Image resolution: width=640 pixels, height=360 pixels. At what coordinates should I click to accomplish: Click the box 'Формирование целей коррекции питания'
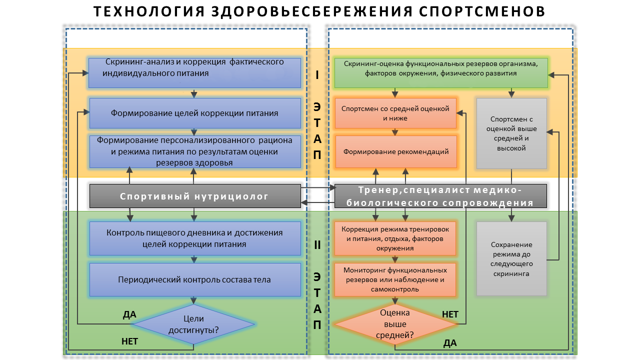pos(194,113)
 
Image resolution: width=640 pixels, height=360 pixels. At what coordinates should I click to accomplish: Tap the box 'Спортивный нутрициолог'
pos(194,196)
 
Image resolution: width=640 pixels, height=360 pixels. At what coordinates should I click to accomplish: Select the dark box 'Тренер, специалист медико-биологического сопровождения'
pos(440,196)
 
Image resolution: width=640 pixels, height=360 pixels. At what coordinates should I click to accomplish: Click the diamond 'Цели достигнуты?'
pos(193,324)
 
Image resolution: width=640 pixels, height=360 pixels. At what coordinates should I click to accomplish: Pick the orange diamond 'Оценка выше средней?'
pos(395,324)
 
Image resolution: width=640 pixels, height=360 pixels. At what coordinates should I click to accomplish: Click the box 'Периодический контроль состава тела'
pos(194,279)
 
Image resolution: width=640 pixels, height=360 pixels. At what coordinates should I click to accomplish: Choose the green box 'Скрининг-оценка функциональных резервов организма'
pos(440,73)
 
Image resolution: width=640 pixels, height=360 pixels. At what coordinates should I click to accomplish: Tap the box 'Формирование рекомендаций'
pos(395,151)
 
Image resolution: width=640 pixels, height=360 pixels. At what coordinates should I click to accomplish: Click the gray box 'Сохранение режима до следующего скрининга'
pos(511,259)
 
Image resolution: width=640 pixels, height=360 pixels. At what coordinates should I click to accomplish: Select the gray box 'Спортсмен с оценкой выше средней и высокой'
pos(511,133)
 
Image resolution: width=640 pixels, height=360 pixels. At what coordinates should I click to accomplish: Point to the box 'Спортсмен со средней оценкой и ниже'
pos(395,113)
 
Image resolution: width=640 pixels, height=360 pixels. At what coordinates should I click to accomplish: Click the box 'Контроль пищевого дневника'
pos(194,238)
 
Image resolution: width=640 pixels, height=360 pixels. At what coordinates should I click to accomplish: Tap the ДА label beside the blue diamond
pos(129,314)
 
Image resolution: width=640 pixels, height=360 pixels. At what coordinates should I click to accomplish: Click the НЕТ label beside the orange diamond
pos(450,314)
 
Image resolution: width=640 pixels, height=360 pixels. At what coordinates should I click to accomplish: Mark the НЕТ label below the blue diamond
pos(129,341)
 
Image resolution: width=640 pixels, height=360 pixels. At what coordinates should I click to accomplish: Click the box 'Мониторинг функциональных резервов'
pos(395,279)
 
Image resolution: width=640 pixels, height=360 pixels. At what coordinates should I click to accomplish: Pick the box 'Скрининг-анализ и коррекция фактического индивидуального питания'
pos(194,73)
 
